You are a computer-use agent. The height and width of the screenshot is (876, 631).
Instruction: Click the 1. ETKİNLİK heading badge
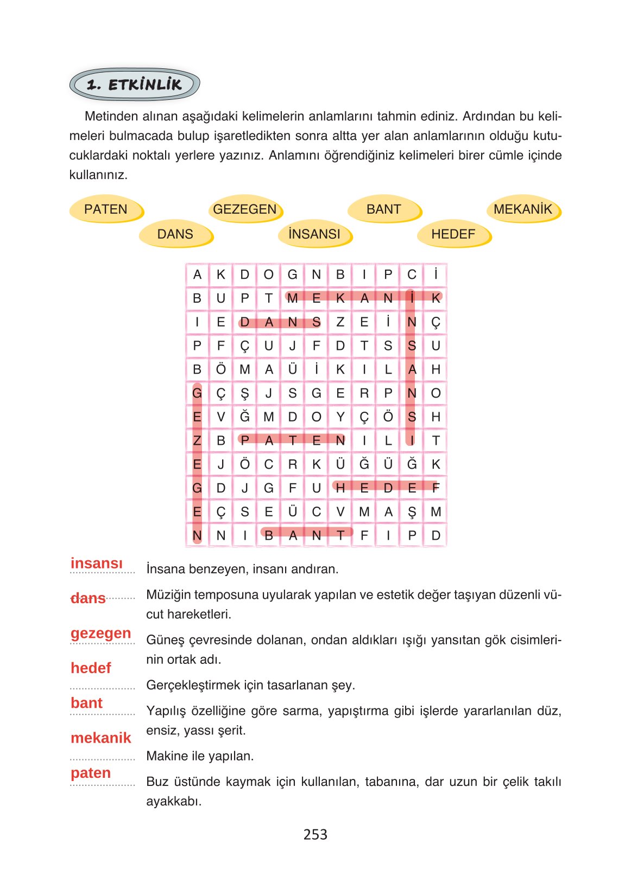134,84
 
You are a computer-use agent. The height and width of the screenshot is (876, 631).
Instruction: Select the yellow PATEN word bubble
106,209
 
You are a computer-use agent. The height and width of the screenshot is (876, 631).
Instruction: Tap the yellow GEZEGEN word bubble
245,209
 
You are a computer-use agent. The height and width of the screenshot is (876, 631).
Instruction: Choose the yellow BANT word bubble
384,209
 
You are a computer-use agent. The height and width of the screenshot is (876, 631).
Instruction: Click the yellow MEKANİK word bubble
523,209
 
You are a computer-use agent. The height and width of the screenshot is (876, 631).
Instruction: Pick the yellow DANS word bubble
175,234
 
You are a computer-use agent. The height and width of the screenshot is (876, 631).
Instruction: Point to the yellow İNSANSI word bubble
314,234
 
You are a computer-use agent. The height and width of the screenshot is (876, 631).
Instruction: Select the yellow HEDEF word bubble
453,234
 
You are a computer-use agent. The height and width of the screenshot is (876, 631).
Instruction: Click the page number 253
315,834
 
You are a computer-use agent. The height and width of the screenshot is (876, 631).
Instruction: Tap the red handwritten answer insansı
97,563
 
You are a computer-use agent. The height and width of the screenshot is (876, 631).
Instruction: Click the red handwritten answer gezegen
101,633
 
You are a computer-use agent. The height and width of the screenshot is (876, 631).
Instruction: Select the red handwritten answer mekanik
101,738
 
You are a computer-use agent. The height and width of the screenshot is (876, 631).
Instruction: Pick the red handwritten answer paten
91,772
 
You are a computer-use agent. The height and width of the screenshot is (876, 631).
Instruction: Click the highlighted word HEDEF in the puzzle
387,487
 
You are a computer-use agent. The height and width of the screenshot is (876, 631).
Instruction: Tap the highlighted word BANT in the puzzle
305,535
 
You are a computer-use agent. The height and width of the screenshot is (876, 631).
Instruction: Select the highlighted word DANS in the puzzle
280,322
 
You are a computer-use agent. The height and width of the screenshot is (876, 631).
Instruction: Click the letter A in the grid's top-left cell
197,274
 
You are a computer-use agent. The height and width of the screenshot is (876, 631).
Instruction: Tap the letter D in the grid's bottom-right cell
436,535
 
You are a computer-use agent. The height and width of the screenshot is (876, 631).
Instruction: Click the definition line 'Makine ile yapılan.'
200,756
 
